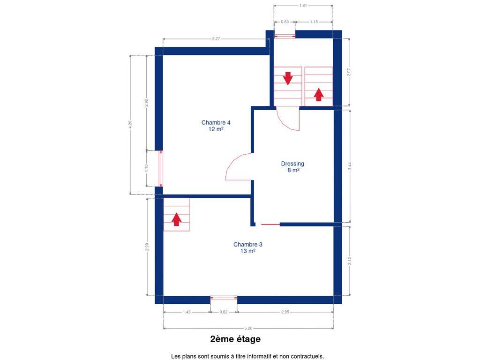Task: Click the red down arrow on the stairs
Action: (x=288, y=78)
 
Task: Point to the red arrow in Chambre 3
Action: (x=176, y=219)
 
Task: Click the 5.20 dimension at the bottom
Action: (x=248, y=328)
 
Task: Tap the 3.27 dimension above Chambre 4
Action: (x=216, y=39)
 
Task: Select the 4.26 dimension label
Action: (x=130, y=125)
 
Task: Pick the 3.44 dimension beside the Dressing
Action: (x=350, y=166)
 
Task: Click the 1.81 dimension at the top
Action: (x=303, y=6)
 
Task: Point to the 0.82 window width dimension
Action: (x=224, y=312)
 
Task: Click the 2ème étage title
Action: (x=235, y=339)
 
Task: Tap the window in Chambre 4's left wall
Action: (x=161, y=168)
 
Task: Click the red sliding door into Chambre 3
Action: (x=270, y=225)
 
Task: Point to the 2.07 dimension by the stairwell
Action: (x=349, y=72)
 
